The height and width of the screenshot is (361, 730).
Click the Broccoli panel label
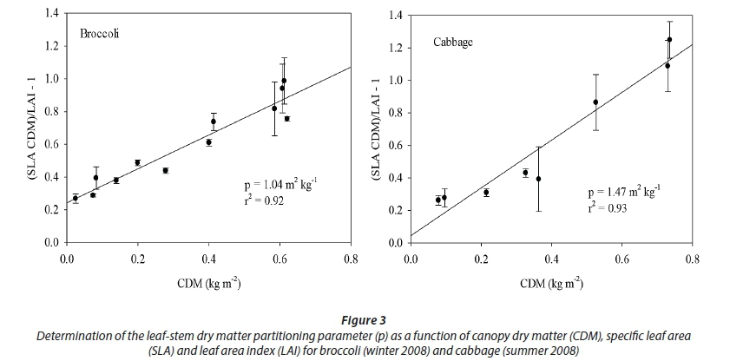tap(100, 34)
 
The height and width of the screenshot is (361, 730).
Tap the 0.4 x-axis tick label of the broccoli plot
tap(208, 258)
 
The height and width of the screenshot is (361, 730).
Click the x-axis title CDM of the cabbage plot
tap(550, 283)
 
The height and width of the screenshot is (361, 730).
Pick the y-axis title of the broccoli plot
tap(36, 128)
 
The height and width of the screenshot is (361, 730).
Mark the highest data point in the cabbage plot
tap(669, 39)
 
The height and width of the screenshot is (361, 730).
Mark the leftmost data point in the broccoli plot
tap(75, 198)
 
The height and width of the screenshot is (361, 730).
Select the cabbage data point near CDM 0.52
tap(595, 102)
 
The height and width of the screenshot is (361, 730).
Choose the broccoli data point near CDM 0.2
tap(137, 162)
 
